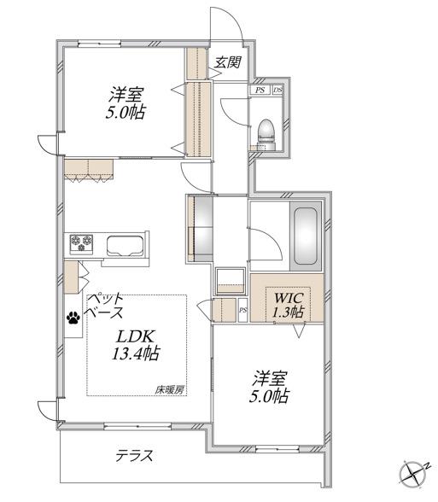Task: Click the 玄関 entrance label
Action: point(227,62)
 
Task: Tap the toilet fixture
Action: point(266,134)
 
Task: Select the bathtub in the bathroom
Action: point(306,236)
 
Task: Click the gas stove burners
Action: point(81,244)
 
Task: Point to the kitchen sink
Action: point(125,246)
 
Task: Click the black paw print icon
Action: point(73,318)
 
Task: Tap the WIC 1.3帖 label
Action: point(288,305)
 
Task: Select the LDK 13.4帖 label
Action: point(136,345)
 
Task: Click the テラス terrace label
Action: point(134,455)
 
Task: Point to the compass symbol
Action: point(412,472)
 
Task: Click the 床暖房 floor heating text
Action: point(170,389)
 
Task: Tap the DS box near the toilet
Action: point(277,90)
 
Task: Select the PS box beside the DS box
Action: point(260,90)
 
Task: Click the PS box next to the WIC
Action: point(243,310)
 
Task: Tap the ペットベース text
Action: point(105,305)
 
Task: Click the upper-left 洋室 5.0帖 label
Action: point(126,103)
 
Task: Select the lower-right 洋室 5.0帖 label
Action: point(269,387)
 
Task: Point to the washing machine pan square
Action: point(231,281)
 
